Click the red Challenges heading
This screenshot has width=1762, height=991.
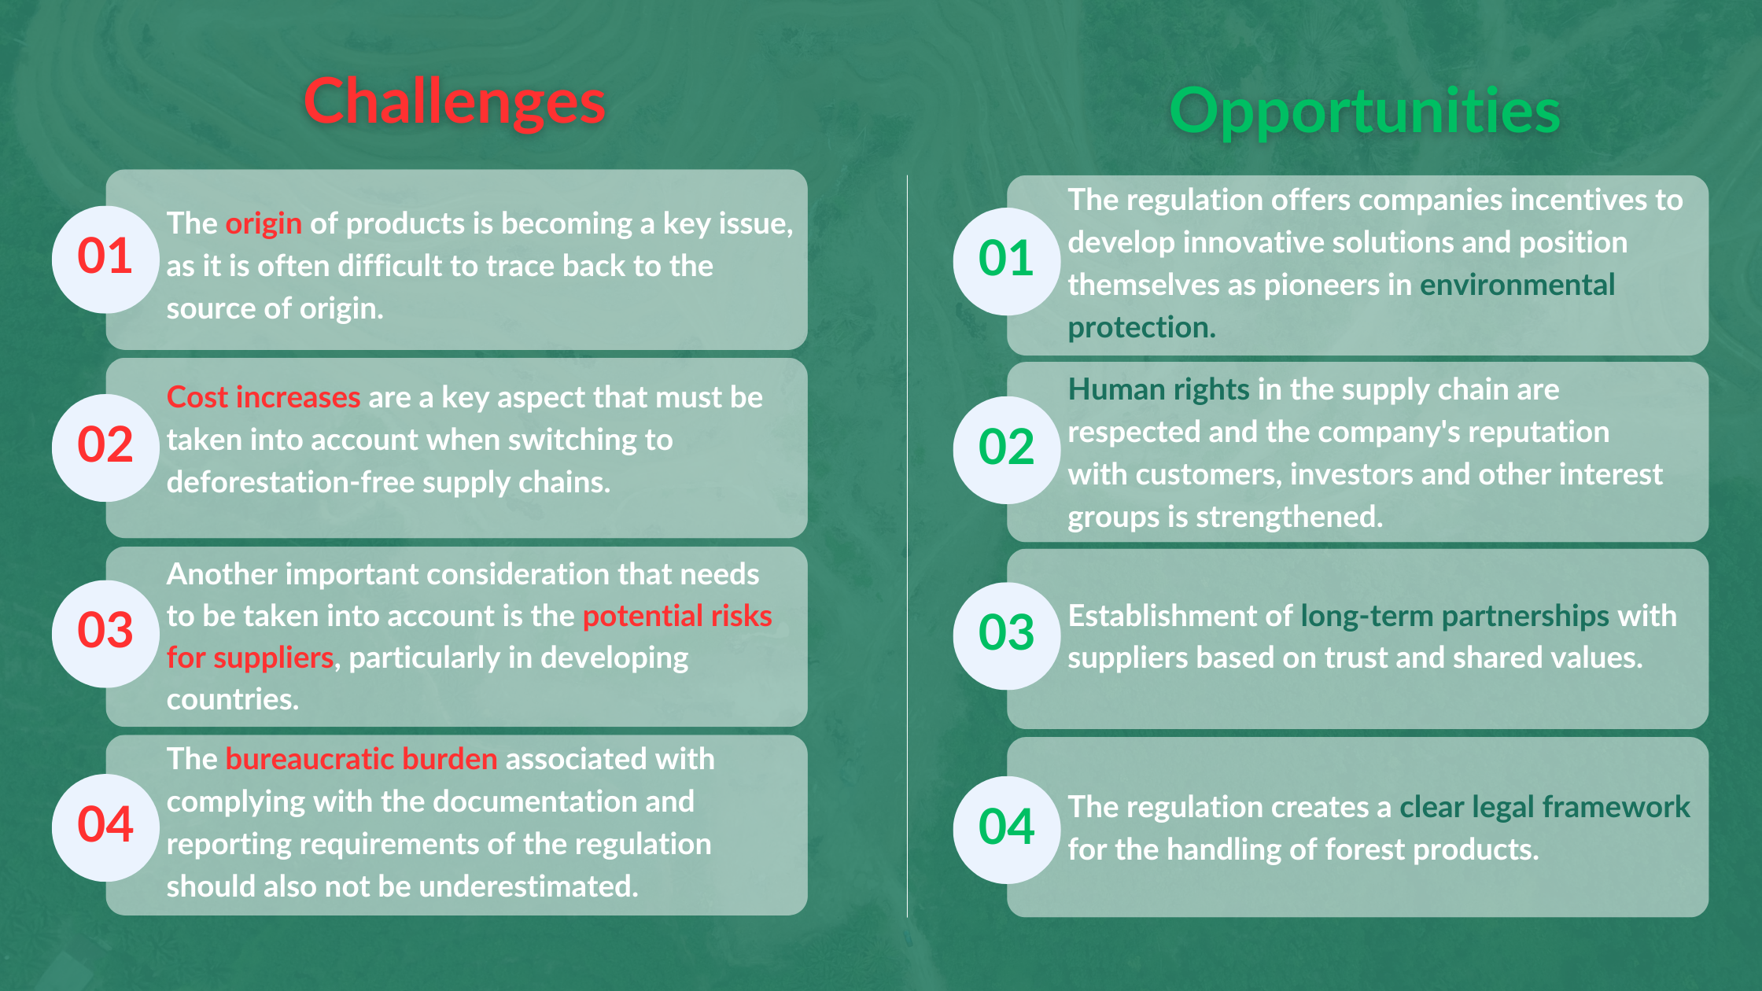coord(455,102)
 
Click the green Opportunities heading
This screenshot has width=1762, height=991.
coord(1365,112)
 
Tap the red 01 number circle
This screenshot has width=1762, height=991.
coord(105,259)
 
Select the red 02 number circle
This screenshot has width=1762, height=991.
coord(105,448)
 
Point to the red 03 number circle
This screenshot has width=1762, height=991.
coord(105,633)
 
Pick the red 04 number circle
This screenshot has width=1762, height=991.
coord(105,827)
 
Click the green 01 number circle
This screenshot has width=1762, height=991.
coord(1007,261)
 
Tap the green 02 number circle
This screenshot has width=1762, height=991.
coord(1007,450)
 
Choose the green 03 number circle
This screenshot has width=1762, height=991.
coord(1007,635)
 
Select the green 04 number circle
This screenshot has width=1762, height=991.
coord(1007,830)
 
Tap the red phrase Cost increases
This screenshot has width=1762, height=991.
coord(264,397)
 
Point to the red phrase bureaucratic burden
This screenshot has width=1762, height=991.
coord(361,759)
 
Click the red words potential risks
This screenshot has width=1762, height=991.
coord(677,617)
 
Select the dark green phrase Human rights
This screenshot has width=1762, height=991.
coord(1159,390)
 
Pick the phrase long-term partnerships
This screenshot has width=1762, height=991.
coord(1455,617)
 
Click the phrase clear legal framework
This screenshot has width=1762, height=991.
coord(1545,808)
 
